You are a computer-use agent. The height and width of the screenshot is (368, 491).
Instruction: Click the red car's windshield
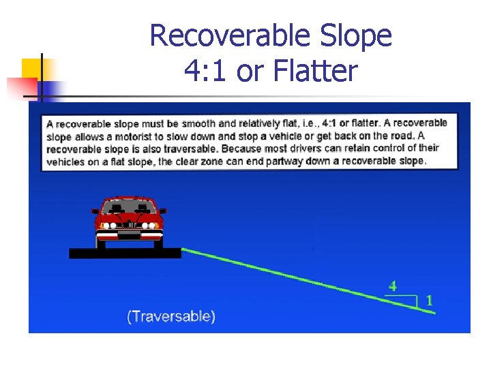[x=129, y=206]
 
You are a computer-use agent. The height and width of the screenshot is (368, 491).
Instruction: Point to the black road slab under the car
[x=125, y=253]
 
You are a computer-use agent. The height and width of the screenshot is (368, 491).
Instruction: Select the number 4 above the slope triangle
[x=392, y=286]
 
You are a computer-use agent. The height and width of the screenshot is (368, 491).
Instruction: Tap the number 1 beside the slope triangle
[x=429, y=299]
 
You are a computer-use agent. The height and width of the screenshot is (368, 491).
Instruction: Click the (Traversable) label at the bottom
[x=171, y=316]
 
